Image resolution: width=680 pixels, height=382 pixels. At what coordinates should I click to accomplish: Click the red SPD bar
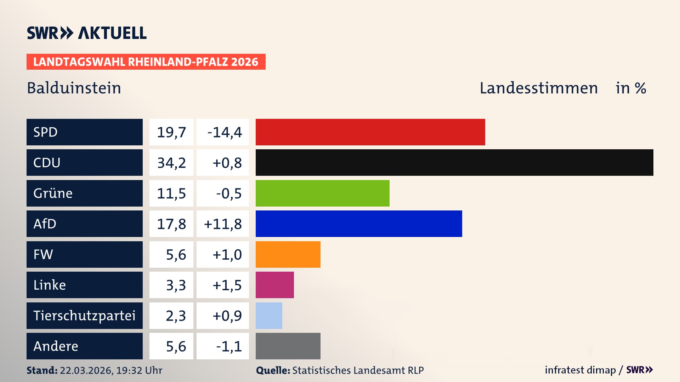[x=370, y=132]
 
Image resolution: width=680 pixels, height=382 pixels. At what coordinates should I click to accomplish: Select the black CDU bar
[x=454, y=163]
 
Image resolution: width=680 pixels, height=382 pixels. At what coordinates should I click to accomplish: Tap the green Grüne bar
[x=322, y=193]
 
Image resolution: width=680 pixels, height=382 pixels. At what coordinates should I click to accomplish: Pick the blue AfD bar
[x=359, y=224]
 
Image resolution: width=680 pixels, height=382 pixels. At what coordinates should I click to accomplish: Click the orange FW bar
[x=288, y=254]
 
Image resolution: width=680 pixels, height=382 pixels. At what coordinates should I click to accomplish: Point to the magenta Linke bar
[x=275, y=285]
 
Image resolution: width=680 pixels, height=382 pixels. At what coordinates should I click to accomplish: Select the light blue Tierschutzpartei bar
[x=269, y=316]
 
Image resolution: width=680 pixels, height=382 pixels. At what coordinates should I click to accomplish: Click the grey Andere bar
[x=288, y=346]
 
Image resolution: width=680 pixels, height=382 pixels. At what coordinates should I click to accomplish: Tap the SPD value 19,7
[x=171, y=132]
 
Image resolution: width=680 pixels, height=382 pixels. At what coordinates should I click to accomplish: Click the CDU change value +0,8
[x=227, y=163]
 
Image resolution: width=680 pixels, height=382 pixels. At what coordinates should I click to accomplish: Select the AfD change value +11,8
[x=223, y=224]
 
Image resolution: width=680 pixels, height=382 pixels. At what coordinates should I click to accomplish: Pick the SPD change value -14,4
[x=224, y=132]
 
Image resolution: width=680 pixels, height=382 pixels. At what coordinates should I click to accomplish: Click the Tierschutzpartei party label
[x=84, y=316]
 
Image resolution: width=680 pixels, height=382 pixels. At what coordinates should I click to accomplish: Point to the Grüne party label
[x=53, y=193]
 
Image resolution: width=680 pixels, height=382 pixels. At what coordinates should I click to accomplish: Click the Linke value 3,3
[x=176, y=285]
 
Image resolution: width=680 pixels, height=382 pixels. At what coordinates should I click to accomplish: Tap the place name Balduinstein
[x=74, y=88]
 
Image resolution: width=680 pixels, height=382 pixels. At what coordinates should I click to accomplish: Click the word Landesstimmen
[x=538, y=88]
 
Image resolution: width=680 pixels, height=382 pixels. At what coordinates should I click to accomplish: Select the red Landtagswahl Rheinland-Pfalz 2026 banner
[x=146, y=62]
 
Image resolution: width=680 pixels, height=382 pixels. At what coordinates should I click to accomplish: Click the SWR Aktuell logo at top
[x=87, y=33]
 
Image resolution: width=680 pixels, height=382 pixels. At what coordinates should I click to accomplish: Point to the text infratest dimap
[x=580, y=370]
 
